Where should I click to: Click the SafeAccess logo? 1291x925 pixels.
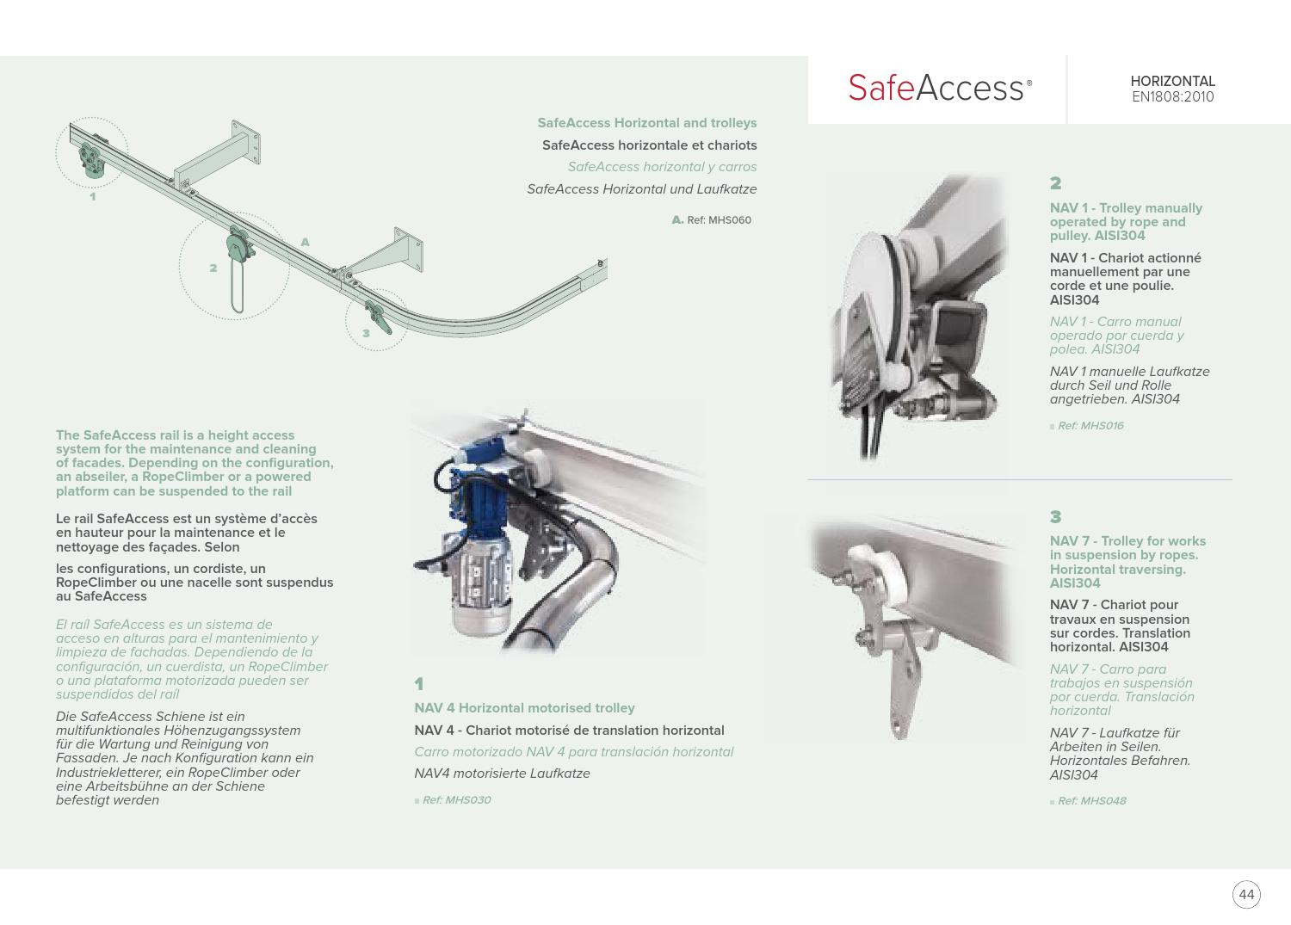click(x=939, y=88)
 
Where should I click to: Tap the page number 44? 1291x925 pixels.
click(x=1245, y=895)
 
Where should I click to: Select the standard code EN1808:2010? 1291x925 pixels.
click(x=1172, y=97)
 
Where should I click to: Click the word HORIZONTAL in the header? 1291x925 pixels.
click(x=1172, y=82)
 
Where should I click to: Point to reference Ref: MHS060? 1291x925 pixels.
click(x=719, y=220)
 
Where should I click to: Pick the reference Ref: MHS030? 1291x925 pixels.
click(x=456, y=800)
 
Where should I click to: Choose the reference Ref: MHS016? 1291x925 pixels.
click(x=1090, y=426)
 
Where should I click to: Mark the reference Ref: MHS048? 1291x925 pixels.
click(x=1091, y=801)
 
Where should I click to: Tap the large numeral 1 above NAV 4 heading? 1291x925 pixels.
click(x=419, y=684)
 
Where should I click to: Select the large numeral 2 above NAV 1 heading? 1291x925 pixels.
click(x=1056, y=183)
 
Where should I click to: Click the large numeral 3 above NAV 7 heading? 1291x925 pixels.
click(x=1056, y=517)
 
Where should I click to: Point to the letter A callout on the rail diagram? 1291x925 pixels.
click(x=305, y=243)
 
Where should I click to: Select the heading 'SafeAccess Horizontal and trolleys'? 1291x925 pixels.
click(x=646, y=123)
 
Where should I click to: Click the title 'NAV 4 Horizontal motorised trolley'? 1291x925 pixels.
click(x=524, y=708)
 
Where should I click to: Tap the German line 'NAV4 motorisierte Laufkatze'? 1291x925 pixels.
click(x=502, y=774)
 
